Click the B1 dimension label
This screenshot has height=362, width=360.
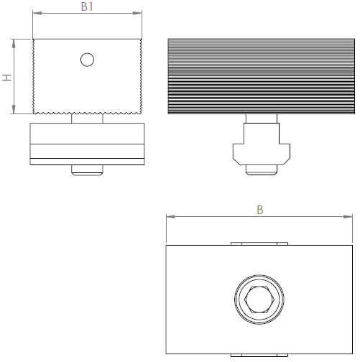pos(87,6)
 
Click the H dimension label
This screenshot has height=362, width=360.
pos(7,78)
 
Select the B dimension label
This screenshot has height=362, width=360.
pos(260,210)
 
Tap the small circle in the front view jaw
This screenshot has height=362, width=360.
pos(87,60)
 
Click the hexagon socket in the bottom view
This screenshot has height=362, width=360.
pos(259,300)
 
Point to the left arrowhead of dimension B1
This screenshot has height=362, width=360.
pos(37,13)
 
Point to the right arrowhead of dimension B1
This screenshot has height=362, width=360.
pos(137,13)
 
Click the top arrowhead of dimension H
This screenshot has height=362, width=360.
pos(14,44)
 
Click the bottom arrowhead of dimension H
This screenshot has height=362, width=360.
pos(14,109)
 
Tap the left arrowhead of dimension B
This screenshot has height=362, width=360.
pos(171,217)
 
